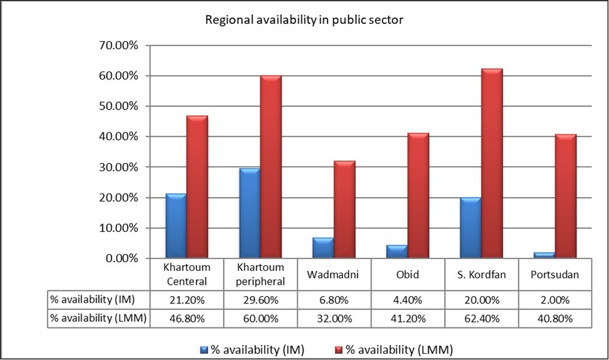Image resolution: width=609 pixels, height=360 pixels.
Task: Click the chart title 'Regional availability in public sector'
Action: pos(304,20)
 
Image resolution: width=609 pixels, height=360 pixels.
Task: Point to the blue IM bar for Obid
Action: pos(396,252)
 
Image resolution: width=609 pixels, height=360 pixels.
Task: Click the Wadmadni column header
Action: pos(334,275)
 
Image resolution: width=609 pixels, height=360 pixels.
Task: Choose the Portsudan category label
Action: pos(555,275)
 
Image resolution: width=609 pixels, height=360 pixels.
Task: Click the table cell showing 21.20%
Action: pos(186,300)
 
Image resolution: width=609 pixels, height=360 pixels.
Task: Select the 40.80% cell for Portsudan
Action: pos(555,319)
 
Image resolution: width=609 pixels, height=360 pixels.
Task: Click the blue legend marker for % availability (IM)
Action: pos(204,350)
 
